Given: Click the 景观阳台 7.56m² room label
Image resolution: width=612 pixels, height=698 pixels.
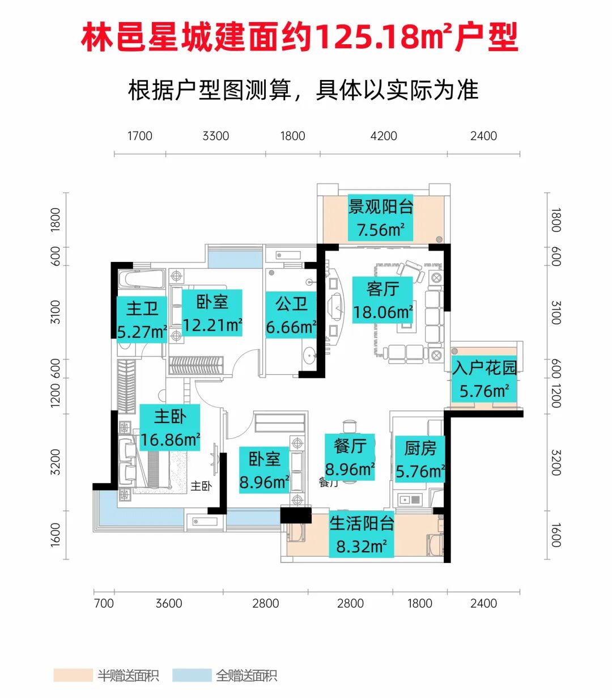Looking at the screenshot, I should (x=381, y=218).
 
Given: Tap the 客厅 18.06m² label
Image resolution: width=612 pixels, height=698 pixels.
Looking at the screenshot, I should (x=382, y=301).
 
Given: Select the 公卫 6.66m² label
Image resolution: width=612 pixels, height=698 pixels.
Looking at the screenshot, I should (x=291, y=315).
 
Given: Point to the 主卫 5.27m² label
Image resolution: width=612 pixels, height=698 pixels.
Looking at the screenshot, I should (x=142, y=320).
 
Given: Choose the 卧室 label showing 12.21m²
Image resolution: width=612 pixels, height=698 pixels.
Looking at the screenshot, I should (x=212, y=313).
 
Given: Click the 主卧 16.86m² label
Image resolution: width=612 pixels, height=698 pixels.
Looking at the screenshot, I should (x=170, y=428).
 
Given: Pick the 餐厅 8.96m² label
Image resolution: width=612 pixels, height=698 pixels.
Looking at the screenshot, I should (x=350, y=458).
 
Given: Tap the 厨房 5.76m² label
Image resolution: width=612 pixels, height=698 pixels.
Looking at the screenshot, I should (x=420, y=460).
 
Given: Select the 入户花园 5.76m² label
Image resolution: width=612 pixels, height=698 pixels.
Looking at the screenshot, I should (x=484, y=379).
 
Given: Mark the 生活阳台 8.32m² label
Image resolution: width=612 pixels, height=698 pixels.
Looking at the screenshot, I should (x=362, y=535).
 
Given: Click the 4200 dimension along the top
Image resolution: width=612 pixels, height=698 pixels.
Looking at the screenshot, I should (x=384, y=136).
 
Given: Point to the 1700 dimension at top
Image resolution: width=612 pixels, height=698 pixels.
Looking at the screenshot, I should (x=139, y=136).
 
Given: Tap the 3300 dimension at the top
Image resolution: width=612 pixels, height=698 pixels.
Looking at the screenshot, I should (x=216, y=136).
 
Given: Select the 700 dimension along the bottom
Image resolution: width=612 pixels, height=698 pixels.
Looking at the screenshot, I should (x=104, y=603).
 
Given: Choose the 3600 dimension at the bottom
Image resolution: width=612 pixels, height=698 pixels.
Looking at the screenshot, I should (x=169, y=603).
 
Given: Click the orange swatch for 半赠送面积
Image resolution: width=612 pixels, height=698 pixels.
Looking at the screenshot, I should (x=73, y=675).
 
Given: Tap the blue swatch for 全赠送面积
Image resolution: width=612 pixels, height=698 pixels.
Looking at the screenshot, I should (x=192, y=675).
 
